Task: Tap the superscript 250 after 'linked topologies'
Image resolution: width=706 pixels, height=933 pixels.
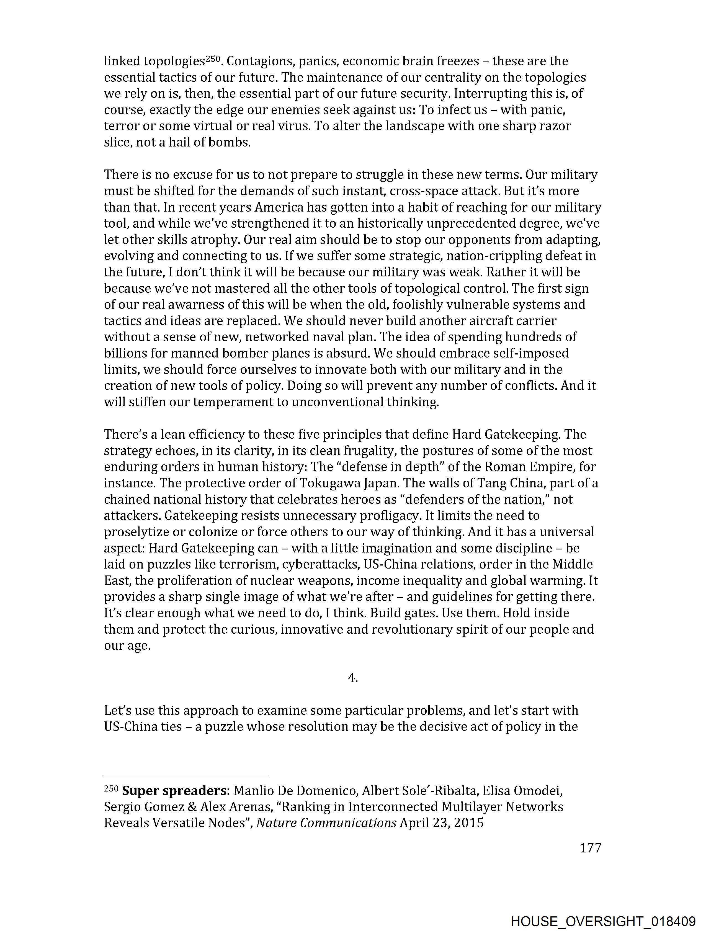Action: pos(213,59)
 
